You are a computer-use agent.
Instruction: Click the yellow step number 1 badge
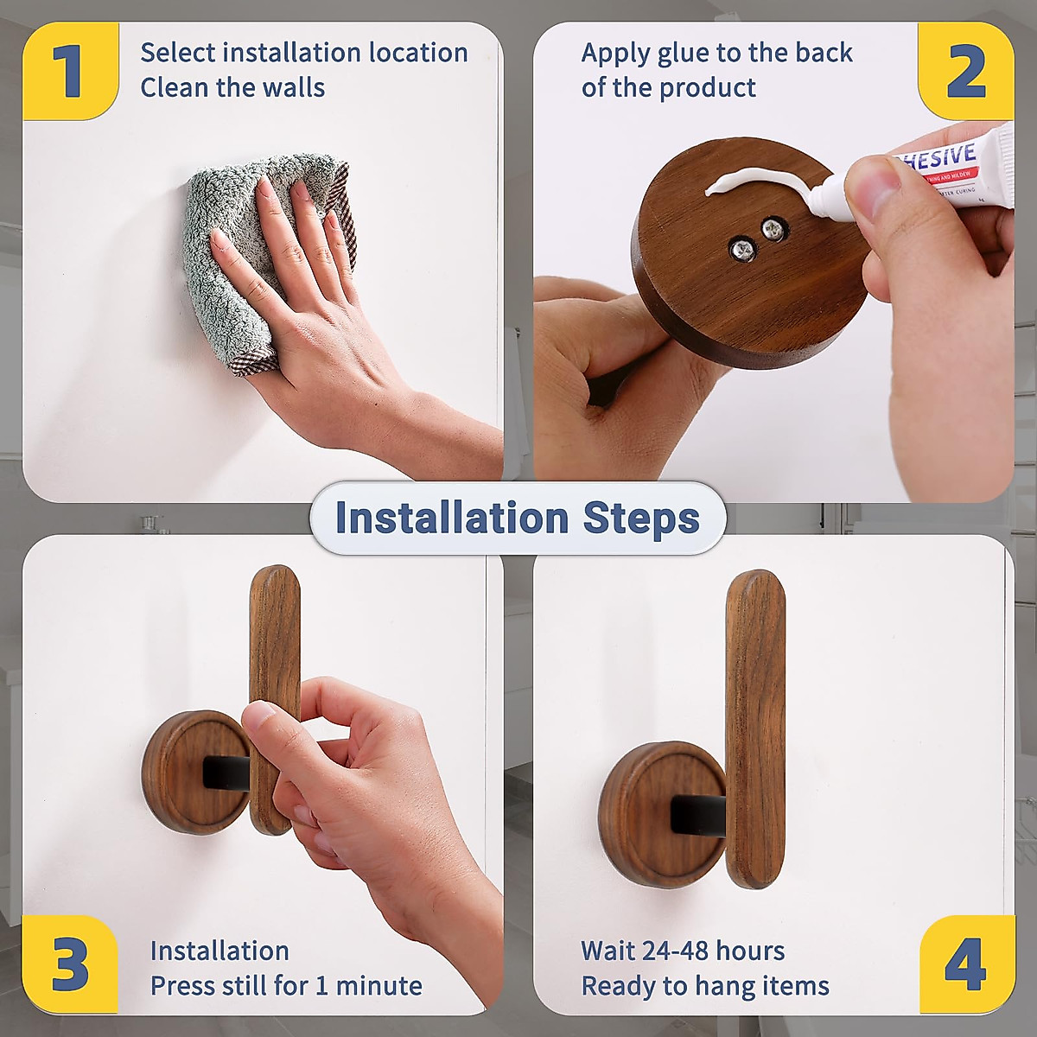(69, 71)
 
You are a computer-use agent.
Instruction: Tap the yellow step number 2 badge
(965, 71)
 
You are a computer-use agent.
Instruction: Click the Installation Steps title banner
(517, 518)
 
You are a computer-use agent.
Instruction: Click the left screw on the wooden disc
(741, 251)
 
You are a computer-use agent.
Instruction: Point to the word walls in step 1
(292, 88)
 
